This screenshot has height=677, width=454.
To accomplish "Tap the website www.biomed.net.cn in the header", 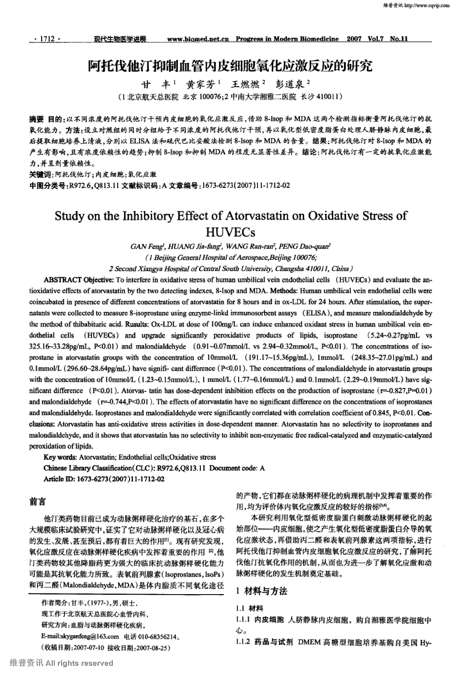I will pos(198,39).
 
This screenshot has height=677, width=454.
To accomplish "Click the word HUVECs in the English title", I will pos(230,232).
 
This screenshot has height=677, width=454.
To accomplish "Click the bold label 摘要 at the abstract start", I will pos(36,119).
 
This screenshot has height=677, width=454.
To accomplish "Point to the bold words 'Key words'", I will pos(59,457).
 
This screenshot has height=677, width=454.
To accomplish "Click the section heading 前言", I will pos(37,502).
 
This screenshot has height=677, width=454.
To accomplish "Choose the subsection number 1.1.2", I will pos(243,642).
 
